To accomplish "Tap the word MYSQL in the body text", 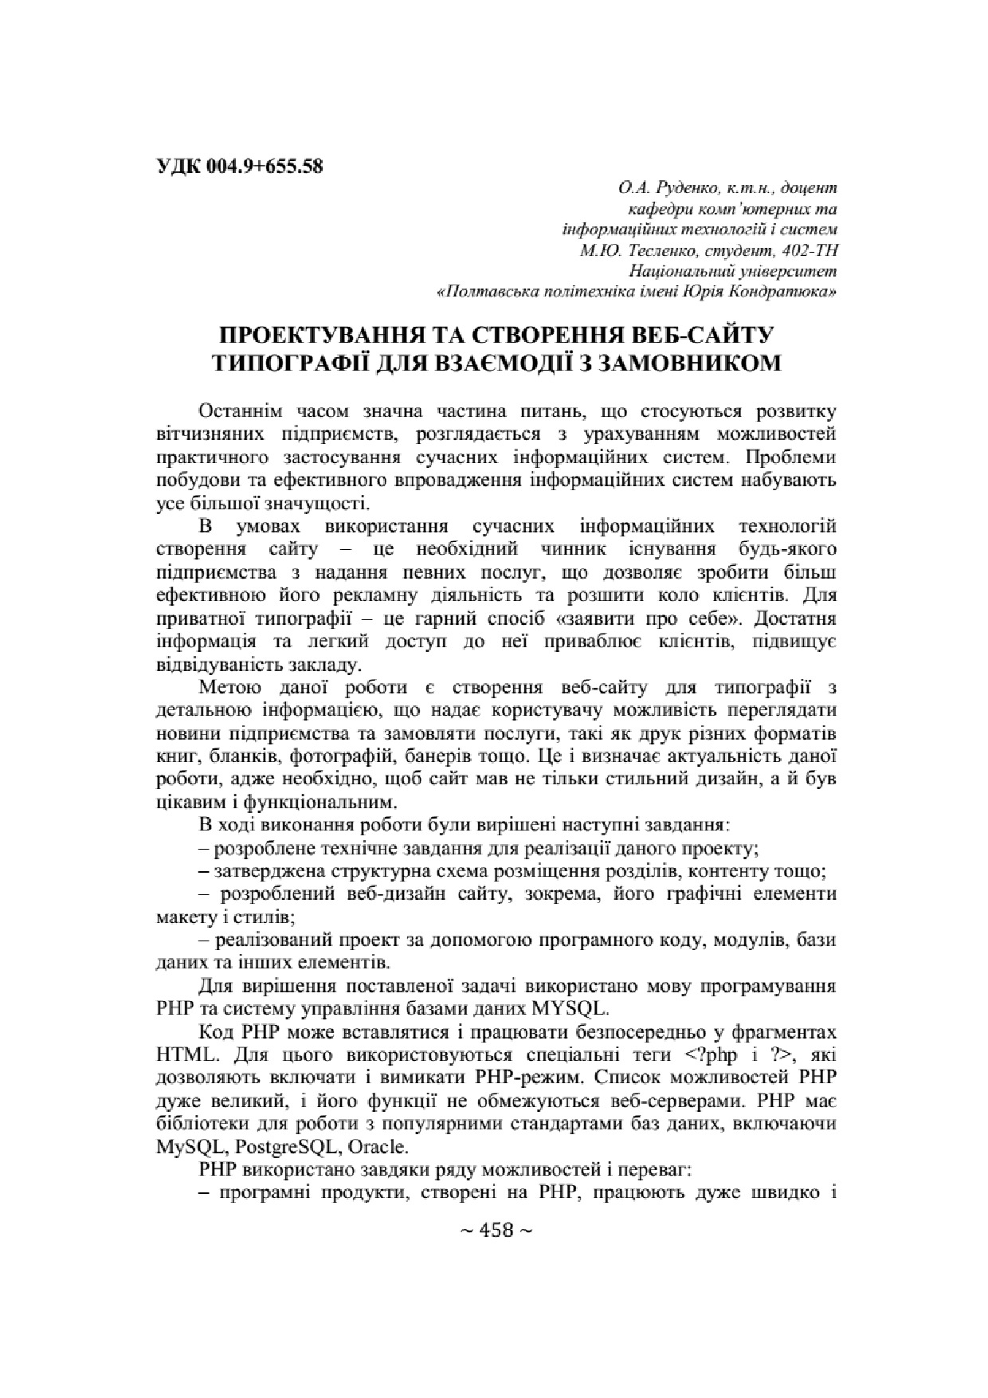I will tap(568, 1008).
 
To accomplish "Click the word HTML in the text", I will tap(186, 1054).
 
